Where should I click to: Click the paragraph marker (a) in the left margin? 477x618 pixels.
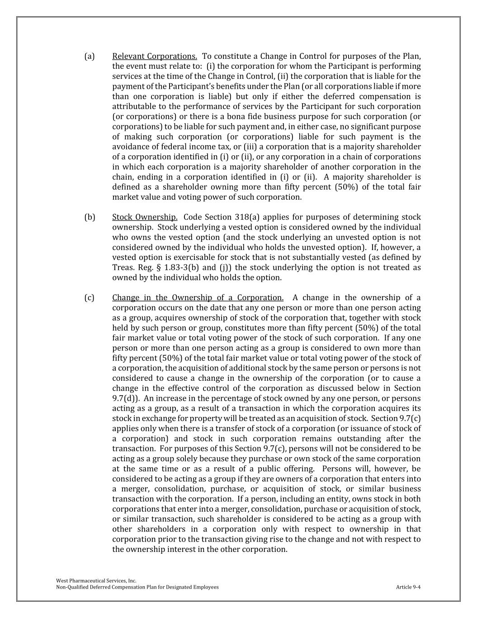click(x=89, y=57)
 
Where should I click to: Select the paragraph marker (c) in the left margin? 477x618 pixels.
click(x=89, y=298)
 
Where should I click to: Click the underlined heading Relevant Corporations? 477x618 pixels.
click(x=155, y=57)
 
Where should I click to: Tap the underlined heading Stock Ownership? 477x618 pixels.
click(x=145, y=217)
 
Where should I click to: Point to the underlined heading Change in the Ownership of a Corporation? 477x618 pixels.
click(x=198, y=298)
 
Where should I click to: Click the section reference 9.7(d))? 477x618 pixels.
click(x=125, y=398)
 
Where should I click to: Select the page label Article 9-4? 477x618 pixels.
click(x=408, y=587)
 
